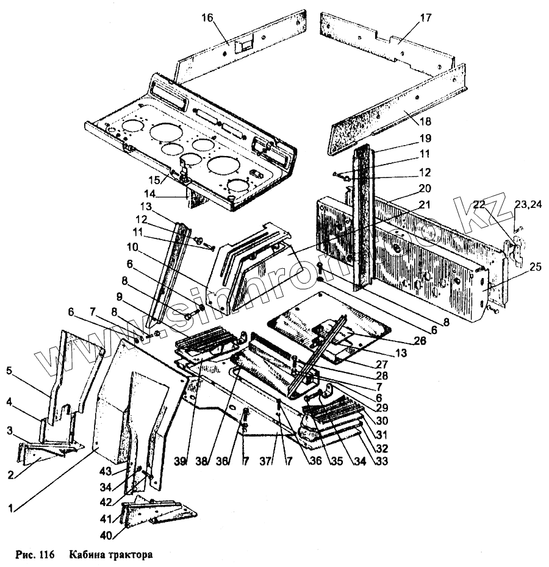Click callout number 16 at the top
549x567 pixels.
[x=207, y=18]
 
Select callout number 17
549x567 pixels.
[x=426, y=18]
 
